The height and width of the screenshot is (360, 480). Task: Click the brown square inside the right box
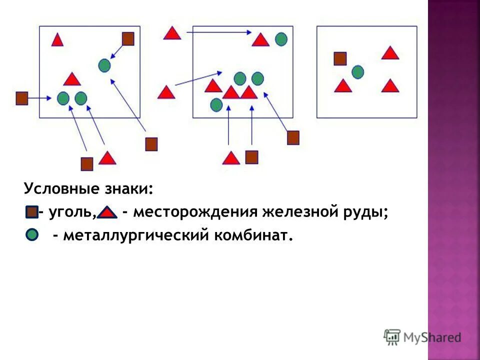click(x=340, y=58)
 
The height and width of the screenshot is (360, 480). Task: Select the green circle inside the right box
click(x=357, y=72)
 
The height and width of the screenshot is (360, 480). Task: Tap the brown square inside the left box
click(x=128, y=38)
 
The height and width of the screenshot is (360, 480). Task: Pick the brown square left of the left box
click(x=21, y=98)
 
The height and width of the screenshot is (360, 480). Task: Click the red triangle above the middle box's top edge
click(x=172, y=34)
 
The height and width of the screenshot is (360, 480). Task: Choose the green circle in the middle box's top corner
click(x=281, y=38)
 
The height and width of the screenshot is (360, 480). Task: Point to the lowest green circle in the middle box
click(x=216, y=104)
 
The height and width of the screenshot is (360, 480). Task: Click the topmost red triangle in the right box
click(x=390, y=53)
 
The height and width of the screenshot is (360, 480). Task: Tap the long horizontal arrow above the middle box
click(x=219, y=32)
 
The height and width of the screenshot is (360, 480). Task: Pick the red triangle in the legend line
click(x=107, y=213)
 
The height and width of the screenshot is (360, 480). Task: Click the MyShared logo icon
click(x=392, y=337)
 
